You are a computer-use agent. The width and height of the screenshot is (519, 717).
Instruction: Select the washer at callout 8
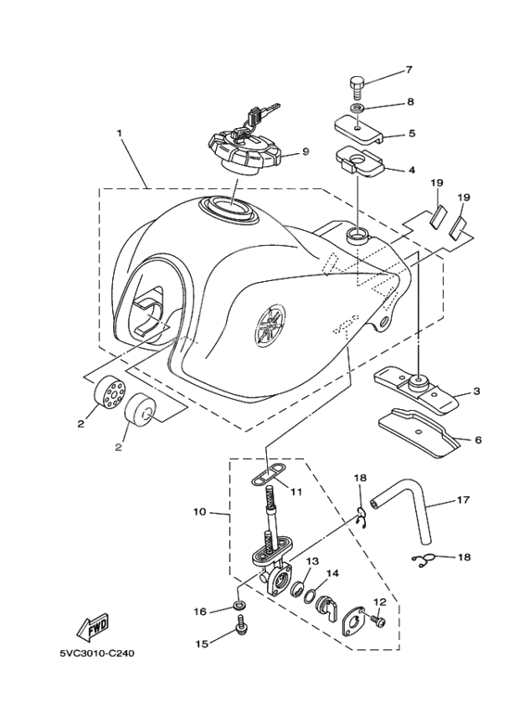(x=358, y=109)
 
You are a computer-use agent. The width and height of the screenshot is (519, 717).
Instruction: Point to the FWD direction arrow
(x=96, y=631)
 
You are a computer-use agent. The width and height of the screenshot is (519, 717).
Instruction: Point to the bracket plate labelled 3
(x=416, y=386)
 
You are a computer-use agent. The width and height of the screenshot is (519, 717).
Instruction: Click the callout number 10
(x=198, y=511)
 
